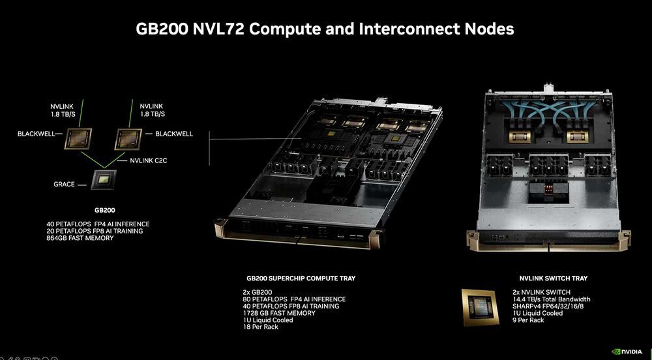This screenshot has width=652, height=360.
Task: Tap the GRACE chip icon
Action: pos(103,179)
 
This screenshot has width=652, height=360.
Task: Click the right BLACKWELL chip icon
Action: pos(128,138)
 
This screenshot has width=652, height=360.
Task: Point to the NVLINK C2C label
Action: pos(149,160)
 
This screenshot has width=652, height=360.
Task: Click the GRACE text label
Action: pos(64,185)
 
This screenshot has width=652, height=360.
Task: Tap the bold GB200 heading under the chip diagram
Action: pos(104,211)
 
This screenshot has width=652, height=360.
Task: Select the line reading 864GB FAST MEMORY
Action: pos(76,238)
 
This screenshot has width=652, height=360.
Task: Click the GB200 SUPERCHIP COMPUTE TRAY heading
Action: pos(301,278)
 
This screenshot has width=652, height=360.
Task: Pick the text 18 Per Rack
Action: pos(260,327)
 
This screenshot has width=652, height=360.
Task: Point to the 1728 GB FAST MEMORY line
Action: pos(278,313)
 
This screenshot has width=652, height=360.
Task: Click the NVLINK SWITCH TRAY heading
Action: pos(553,278)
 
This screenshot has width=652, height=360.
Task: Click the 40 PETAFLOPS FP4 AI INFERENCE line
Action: pos(93,224)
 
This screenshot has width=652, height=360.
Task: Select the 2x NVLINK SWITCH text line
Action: pos(542,292)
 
